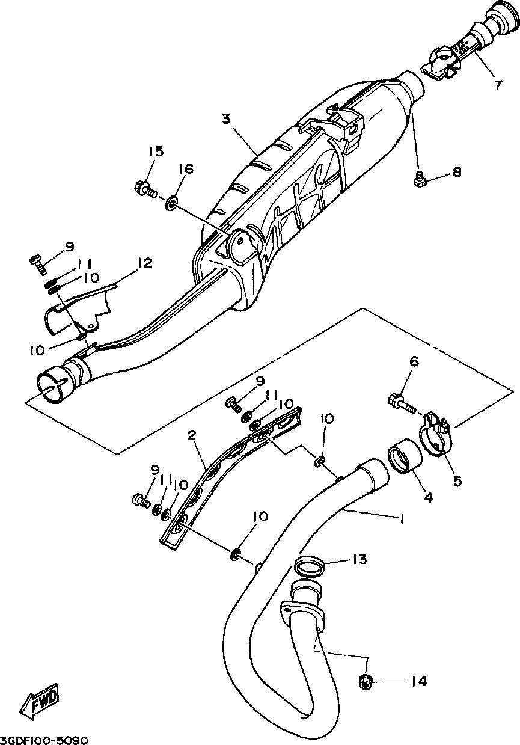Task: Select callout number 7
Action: [498, 85]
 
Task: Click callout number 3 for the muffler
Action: [226, 118]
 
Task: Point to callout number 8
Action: [457, 173]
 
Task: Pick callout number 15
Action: [156, 152]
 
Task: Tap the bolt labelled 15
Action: [144, 190]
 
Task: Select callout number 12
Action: [144, 263]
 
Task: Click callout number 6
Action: [414, 361]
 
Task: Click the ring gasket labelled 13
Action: [310, 566]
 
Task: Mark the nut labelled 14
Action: [364, 681]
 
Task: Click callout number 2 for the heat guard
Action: [192, 435]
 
